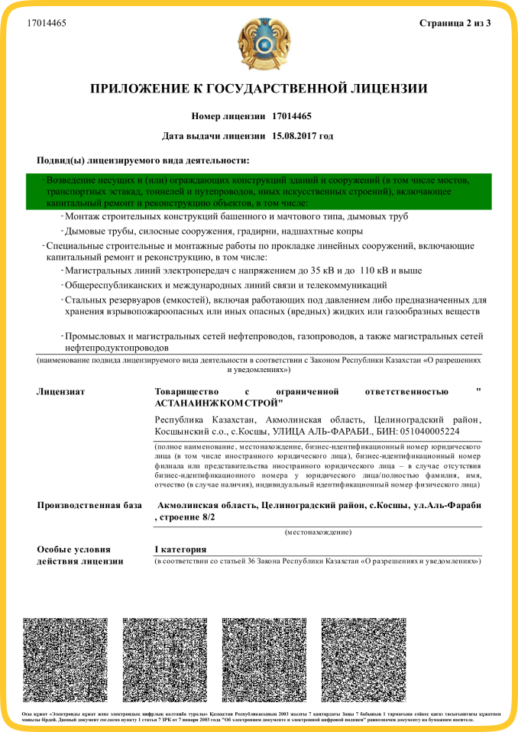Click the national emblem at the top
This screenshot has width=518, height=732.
click(x=260, y=45)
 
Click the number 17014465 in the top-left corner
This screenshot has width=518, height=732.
click(x=47, y=24)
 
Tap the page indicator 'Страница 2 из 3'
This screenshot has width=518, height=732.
click(x=455, y=23)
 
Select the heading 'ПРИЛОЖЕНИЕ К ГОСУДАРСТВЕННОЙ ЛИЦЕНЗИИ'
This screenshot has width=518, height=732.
click(x=259, y=89)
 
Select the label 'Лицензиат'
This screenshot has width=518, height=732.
click(x=60, y=392)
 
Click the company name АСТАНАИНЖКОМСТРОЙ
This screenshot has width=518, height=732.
click(x=219, y=403)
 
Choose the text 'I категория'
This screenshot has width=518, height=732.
click(x=181, y=549)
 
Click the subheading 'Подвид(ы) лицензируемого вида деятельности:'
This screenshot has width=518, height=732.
click(x=143, y=160)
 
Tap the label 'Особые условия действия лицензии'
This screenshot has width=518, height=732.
click(x=80, y=555)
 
